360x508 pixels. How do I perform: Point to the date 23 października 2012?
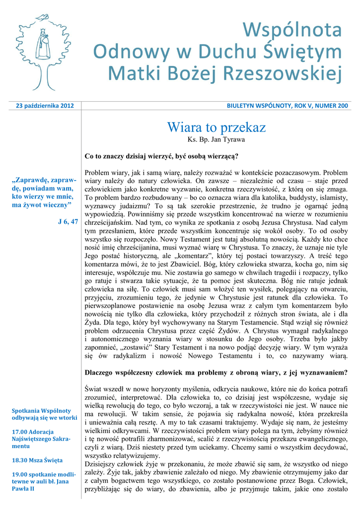[x=45, y=106]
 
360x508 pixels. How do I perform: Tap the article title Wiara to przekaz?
[x=216, y=127]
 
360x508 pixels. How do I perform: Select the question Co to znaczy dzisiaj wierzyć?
[x=162, y=156]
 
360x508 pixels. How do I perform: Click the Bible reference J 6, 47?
[x=68, y=222]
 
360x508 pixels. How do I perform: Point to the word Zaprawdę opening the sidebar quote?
[x=31, y=180]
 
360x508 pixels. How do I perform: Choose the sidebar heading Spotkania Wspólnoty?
[x=42, y=411]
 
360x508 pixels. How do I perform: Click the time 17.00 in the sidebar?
[x=20, y=432]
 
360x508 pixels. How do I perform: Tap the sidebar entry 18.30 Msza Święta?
[x=37, y=460]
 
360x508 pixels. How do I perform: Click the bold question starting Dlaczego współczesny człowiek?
[x=216, y=372]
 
